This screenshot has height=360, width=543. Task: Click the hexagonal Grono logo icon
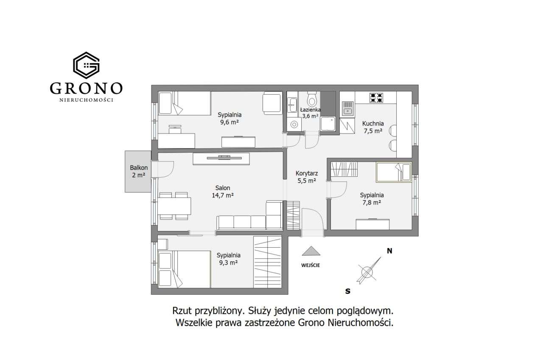pyautogui.click(x=86, y=65)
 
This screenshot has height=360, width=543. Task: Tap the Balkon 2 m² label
pyautogui.click(x=139, y=171)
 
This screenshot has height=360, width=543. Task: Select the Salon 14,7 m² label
pyautogui.click(x=223, y=192)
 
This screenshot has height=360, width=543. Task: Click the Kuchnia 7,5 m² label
pyautogui.click(x=373, y=127)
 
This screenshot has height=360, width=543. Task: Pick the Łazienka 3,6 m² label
pyautogui.click(x=310, y=112)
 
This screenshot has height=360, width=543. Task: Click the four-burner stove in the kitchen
pyautogui.click(x=376, y=98)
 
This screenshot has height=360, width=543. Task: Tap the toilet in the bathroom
pyautogui.click(x=312, y=100)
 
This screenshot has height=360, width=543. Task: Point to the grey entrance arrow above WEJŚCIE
pyautogui.click(x=311, y=251)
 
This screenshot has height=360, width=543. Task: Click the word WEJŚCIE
pyautogui.click(x=311, y=265)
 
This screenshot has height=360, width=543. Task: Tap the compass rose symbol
pyautogui.click(x=367, y=271)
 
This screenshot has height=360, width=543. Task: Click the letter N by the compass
pyautogui.click(x=389, y=251)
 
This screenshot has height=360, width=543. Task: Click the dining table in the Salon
pyautogui.click(x=174, y=206)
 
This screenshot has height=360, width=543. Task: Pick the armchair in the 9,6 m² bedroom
pyautogui.click(x=271, y=103)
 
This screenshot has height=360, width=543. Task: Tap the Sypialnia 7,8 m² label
pyautogui.click(x=372, y=199)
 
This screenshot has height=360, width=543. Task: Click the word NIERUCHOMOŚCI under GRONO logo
pyautogui.click(x=86, y=100)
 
